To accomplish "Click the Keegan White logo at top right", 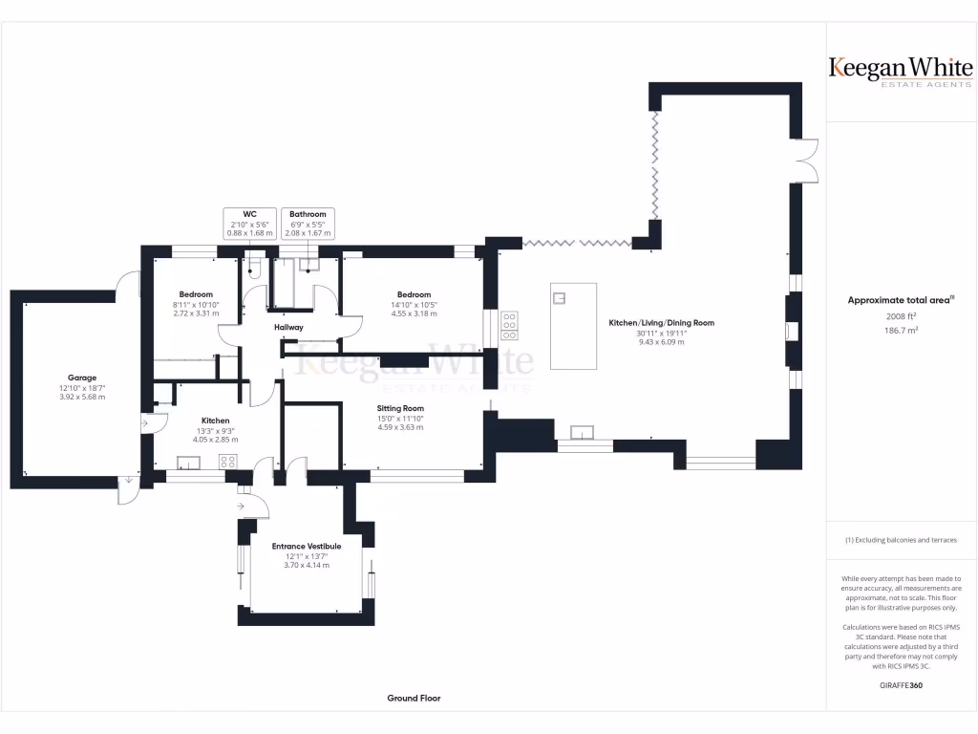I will click(x=901, y=71).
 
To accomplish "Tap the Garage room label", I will click(x=82, y=378).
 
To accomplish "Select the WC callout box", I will click(x=250, y=223).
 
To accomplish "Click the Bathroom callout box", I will click(x=308, y=223).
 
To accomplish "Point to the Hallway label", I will click(x=288, y=328).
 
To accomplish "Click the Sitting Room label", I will click(x=400, y=408).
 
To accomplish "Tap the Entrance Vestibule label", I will click(x=307, y=547).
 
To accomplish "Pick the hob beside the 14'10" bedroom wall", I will click(x=509, y=325).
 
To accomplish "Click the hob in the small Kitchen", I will click(x=229, y=462).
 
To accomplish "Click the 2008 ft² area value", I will click(x=901, y=315).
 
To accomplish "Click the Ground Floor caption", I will click(x=414, y=699).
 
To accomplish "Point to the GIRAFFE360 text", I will click(x=901, y=685).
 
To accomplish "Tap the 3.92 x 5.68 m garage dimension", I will click(x=82, y=397).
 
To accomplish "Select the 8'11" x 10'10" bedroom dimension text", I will click(x=196, y=304).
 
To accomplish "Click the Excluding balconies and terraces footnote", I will click(x=901, y=540).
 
